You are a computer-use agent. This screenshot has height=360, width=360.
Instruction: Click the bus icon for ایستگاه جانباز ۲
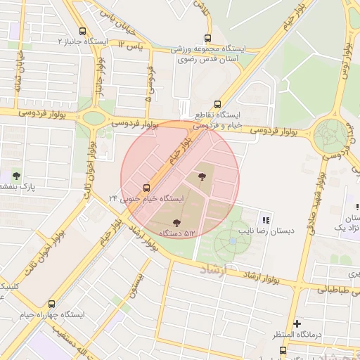coord(84,32)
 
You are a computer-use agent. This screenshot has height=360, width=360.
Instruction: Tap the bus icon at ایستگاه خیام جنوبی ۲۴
coord(146,188)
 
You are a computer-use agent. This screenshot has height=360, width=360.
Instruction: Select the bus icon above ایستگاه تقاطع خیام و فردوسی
coord(217,103)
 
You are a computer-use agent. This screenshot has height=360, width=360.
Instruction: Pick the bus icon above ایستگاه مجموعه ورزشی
coord(207,39)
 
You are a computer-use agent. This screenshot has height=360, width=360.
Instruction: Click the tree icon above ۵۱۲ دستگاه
coord(176,223)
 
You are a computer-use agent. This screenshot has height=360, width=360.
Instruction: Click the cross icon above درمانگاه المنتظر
coord(297,324)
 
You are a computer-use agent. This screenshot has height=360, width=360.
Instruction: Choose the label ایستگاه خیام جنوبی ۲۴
coord(148,199)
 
